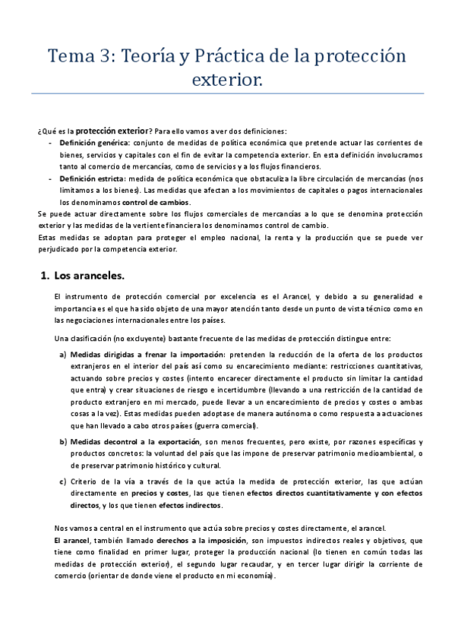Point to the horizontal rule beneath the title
click(227, 93)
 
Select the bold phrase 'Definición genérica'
click(94, 142)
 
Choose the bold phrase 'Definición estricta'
click(93, 178)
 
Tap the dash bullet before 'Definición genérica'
click(50, 142)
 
